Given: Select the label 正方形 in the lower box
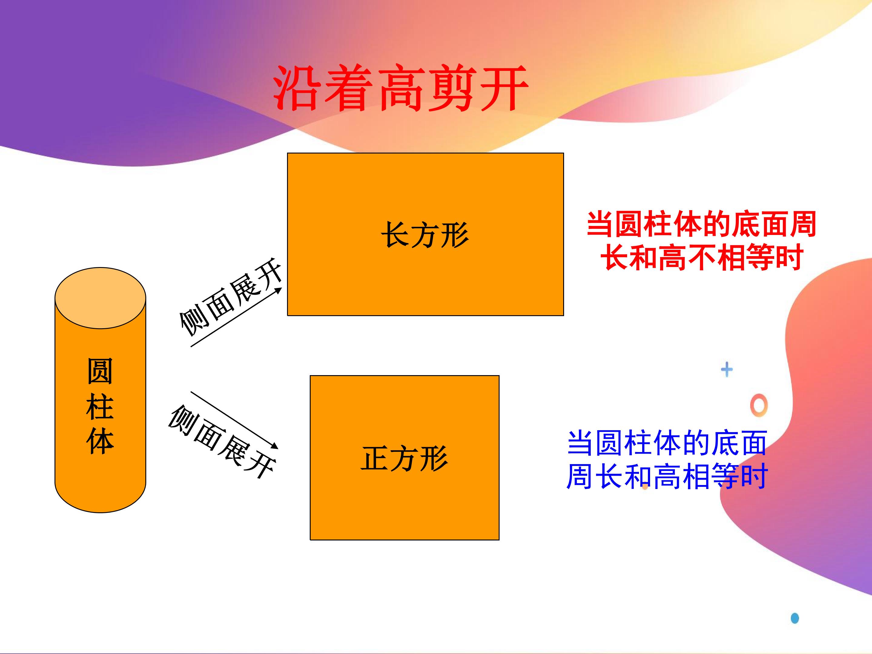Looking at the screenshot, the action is [x=405, y=458].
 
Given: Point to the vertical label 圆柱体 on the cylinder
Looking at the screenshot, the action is [x=100, y=406].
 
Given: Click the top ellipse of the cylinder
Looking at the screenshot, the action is [x=100, y=298].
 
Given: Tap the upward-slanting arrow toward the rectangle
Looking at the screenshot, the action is [x=236, y=317].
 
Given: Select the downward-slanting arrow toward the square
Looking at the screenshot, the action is [x=235, y=420].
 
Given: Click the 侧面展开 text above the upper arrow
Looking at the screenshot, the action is [x=231, y=297].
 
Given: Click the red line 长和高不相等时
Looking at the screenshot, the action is [x=702, y=257].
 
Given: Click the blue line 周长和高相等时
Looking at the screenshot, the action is [x=667, y=476].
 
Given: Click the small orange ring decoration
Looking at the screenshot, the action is [x=759, y=405].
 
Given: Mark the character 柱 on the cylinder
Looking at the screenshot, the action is [x=100, y=406].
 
